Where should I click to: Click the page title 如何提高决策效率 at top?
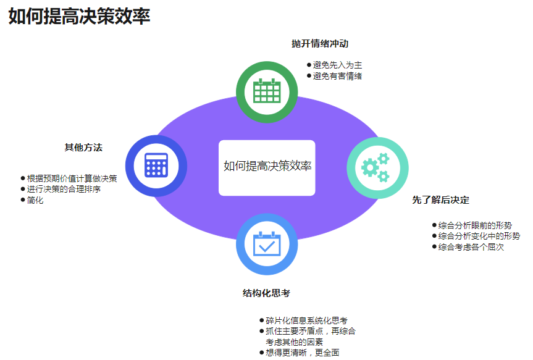pos(79,17)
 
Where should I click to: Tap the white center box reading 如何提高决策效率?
pos(267,167)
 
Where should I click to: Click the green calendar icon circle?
pos(267,91)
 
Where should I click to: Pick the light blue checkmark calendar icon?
pos(267,244)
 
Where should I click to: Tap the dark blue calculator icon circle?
pos(156,165)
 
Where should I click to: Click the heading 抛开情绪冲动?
pos(320,44)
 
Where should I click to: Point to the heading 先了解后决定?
pos(440,200)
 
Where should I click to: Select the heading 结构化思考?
pos(266,293)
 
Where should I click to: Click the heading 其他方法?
pos(83,148)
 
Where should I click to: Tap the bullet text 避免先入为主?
pos(337,65)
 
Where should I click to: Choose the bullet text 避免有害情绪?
pos(337,76)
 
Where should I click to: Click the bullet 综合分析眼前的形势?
pos(475,225)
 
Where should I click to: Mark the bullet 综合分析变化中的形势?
pos(479,236)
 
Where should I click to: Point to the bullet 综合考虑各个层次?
pos(471,247)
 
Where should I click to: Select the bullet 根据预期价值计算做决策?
pos(72,178)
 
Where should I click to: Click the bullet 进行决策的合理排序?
pos(64,189)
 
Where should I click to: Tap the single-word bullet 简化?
pos(35,200)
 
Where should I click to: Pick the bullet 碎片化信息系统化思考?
pos(306,320)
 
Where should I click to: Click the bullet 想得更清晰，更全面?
pos(302,353)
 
